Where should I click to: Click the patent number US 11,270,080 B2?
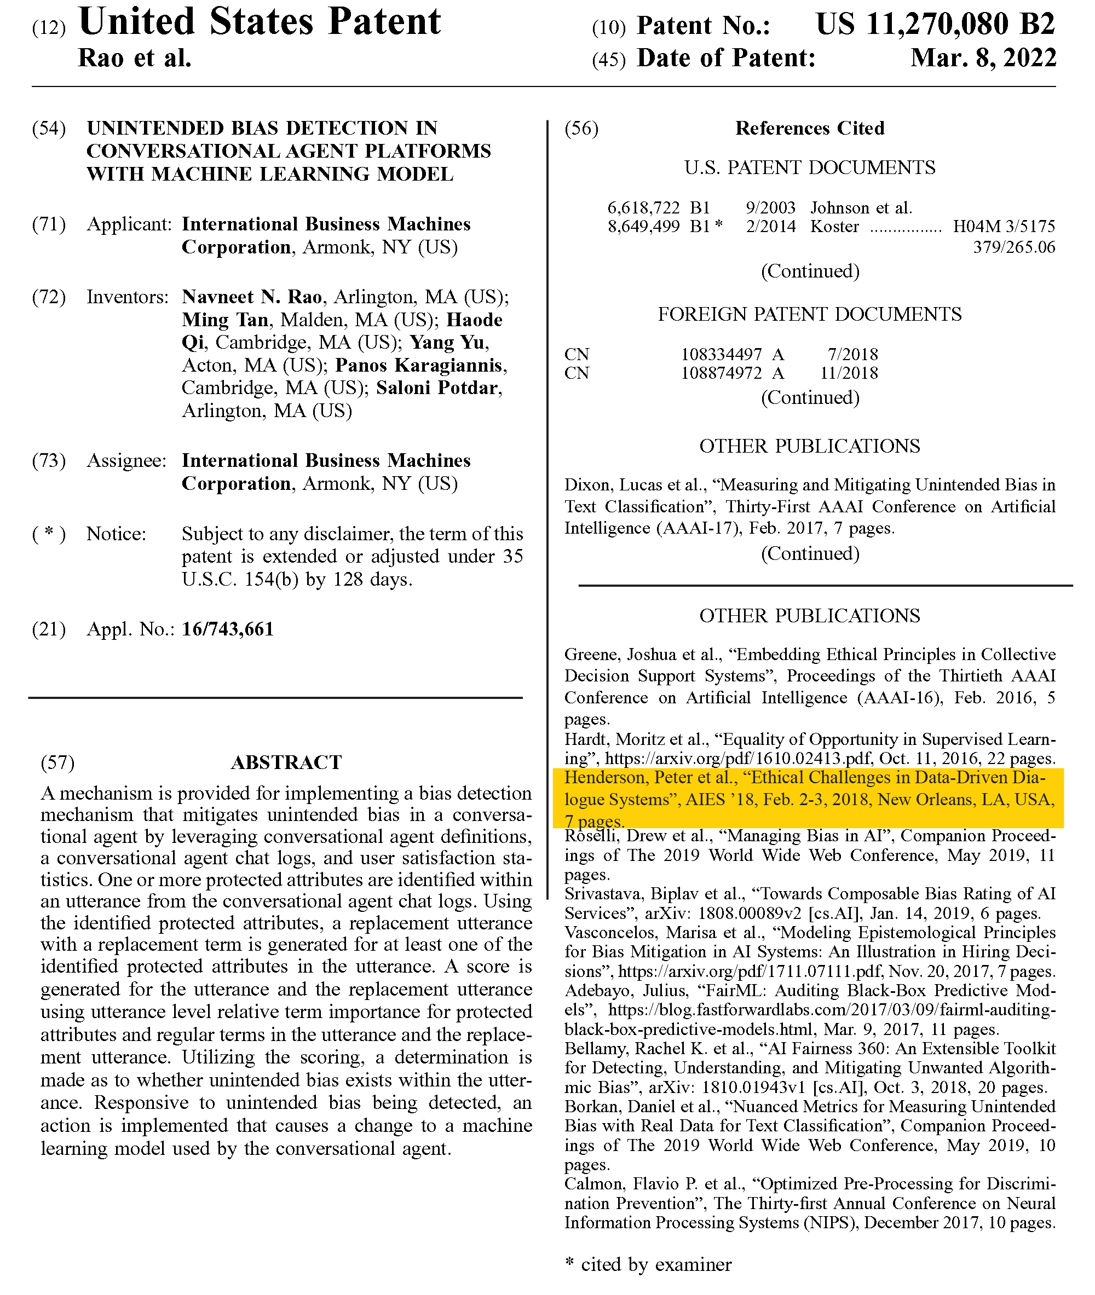[x=935, y=25]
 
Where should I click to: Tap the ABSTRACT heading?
[x=286, y=762]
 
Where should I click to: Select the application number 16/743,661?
[x=228, y=629]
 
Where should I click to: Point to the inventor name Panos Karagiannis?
[x=418, y=365]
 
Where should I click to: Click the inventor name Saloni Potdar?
[x=437, y=388]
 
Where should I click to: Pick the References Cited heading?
[x=809, y=129]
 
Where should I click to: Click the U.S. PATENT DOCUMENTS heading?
[x=809, y=167]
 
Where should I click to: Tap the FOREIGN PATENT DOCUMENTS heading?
[x=809, y=314]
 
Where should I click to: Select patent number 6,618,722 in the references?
[x=644, y=207]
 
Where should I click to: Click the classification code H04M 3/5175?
[x=1004, y=227]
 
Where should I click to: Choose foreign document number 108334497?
[x=721, y=354]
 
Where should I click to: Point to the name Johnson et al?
[x=861, y=207]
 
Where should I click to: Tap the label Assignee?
[x=126, y=460]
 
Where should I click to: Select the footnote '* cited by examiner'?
[x=648, y=1264]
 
